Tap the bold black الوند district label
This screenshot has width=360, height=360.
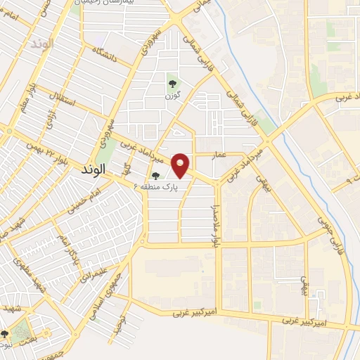click(x=93, y=170)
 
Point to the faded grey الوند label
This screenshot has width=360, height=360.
click(x=42, y=44)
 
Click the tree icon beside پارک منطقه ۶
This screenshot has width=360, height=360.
click(x=155, y=176)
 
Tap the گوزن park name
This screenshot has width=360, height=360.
click(x=169, y=94)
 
